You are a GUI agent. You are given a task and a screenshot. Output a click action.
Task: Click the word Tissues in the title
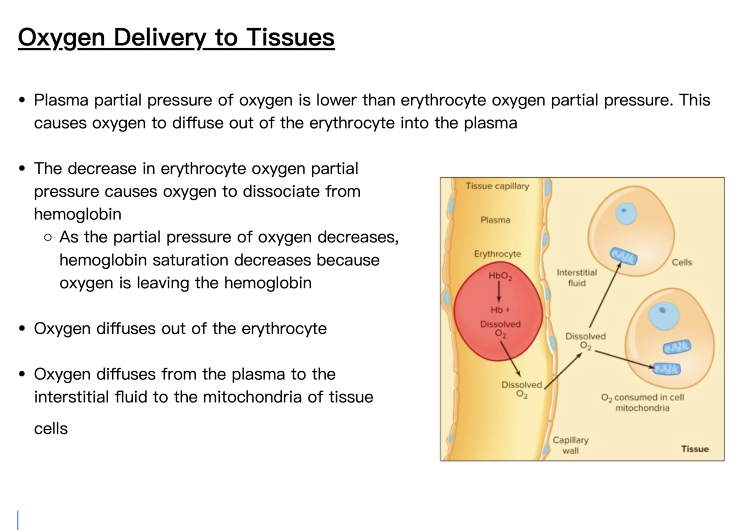click(290, 38)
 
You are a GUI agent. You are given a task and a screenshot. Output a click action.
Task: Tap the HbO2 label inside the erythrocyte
click(500, 275)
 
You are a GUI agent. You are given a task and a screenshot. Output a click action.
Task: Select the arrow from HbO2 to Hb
click(498, 292)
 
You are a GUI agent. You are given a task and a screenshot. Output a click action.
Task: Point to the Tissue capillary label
click(497, 186)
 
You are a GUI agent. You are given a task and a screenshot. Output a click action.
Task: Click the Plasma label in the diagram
click(495, 220)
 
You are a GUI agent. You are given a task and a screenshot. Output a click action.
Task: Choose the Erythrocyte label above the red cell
click(497, 254)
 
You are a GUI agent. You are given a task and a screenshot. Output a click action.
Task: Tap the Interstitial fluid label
click(576, 278)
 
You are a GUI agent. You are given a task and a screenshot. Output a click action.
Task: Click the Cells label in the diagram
click(682, 262)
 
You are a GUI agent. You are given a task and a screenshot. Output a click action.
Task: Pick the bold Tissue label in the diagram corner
click(695, 449)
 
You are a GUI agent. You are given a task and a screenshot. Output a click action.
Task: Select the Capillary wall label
click(570, 445)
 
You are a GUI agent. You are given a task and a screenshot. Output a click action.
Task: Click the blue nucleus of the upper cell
click(626, 213)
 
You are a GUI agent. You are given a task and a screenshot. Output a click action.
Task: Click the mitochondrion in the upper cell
click(624, 256)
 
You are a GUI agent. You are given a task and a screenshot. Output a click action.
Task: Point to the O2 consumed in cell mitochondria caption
click(643, 402)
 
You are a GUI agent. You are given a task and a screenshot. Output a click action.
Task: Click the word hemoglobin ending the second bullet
click(77, 214)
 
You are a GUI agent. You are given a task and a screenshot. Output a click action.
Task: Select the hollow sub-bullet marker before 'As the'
click(48, 237)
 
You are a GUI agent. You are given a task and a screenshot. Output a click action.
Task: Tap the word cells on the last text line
click(50, 428)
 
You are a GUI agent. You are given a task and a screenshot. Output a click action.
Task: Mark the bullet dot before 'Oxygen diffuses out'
click(22, 328)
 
